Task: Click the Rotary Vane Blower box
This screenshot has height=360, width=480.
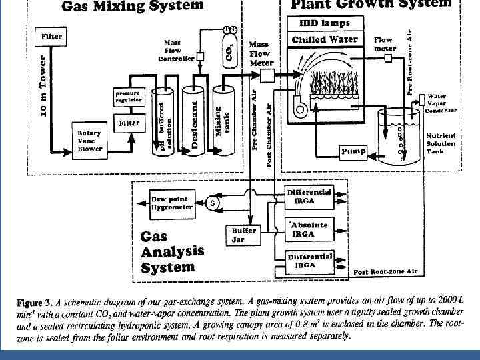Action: coord(90,141)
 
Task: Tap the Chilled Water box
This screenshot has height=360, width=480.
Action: coord(325,39)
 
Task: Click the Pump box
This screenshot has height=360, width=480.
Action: coord(353,151)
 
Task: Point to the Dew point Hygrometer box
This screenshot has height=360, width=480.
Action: coord(172,203)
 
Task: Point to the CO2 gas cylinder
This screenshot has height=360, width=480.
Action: coord(229,50)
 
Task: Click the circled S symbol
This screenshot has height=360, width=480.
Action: coord(213,202)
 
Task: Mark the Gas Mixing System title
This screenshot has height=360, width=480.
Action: coord(133,7)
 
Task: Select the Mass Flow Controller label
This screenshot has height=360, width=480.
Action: coord(176,50)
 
